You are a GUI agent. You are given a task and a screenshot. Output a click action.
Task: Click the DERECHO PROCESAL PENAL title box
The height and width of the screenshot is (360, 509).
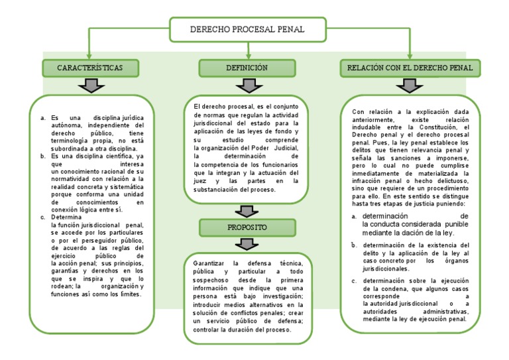coord(247,29)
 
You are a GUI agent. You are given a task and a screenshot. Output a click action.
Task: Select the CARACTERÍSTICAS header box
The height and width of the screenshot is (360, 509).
coord(91,68)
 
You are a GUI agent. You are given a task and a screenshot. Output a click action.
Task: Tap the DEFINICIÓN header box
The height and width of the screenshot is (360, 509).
coord(247,68)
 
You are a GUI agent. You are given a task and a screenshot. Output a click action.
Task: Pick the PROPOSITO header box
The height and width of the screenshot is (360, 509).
coord(247,227)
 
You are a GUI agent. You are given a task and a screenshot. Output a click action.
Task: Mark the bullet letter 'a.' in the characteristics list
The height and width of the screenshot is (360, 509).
coord(43,119)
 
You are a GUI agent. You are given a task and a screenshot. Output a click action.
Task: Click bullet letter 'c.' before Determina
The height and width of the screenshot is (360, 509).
coord(43,217)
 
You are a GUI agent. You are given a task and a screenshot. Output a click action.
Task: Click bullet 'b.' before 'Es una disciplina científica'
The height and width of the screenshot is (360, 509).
coord(43,156)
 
